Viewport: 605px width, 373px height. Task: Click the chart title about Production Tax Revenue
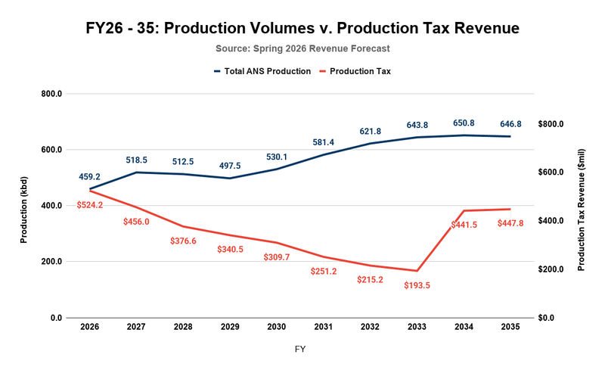click(x=302, y=29)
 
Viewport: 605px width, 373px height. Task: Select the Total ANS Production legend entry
click(x=262, y=71)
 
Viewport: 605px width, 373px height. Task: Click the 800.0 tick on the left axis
click(x=51, y=94)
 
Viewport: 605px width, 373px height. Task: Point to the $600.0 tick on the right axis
click(x=551, y=173)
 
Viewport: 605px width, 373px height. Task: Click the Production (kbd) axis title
click(x=24, y=206)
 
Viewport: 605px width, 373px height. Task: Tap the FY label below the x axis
click(x=300, y=350)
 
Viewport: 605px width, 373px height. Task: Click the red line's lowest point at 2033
click(x=417, y=271)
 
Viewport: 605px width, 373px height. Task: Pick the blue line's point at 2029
click(x=229, y=179)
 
